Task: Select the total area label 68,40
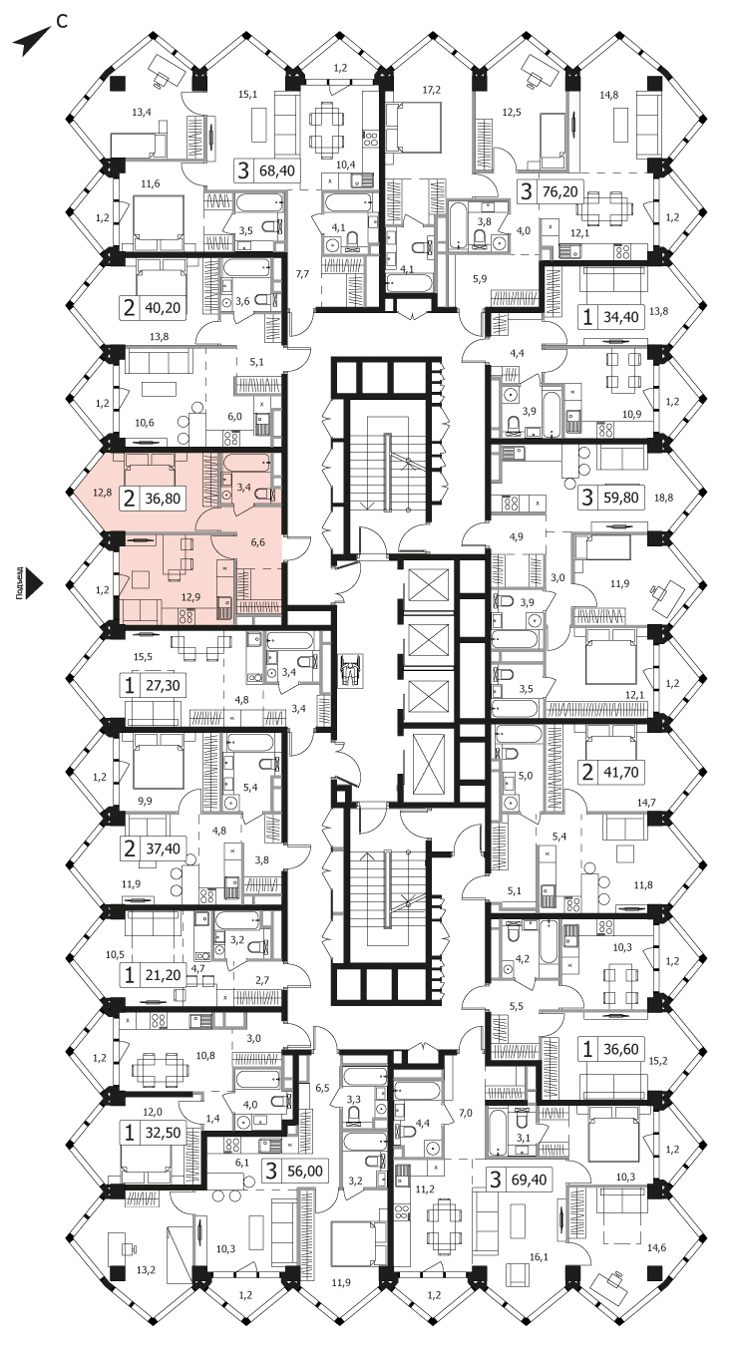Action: pyautogui.click(x=276, y=170)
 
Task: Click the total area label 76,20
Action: pyautogui.click(x=560, y=191)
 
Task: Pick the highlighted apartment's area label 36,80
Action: pyautogui.click(x=163, y=499)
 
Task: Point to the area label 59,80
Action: pyautogui.click(x=620, y=498)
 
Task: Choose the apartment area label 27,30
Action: pyautogui.click(x=163, y=686)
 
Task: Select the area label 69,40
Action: pyautogui.click(x=529, y=1180)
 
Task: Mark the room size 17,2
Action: pyautogui.click(x=431, y=90)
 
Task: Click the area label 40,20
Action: pyautogui.click(x=163, y=307)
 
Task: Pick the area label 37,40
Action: pyautogui.click(x=163, y=848)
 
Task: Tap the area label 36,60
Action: pyautogui.click(x=620, y=1048)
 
